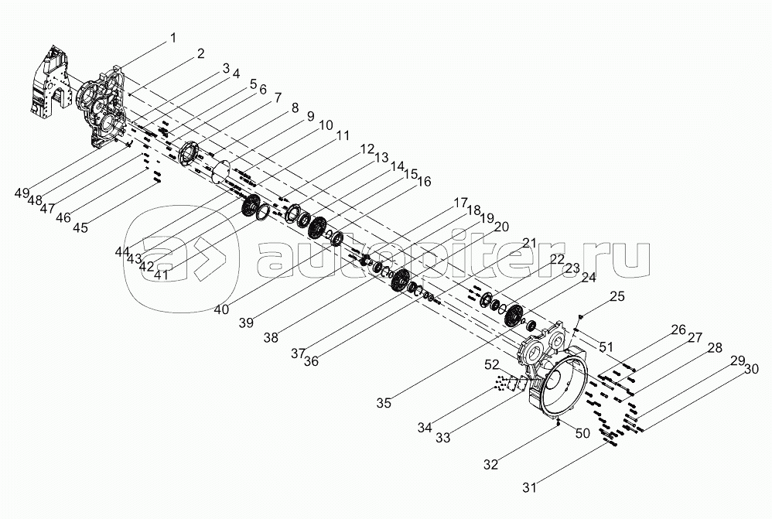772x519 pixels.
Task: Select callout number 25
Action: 616,296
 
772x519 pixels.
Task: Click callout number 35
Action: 383,402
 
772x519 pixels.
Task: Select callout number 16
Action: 424,182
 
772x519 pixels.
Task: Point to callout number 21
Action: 528,243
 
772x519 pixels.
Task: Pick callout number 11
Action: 342,135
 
